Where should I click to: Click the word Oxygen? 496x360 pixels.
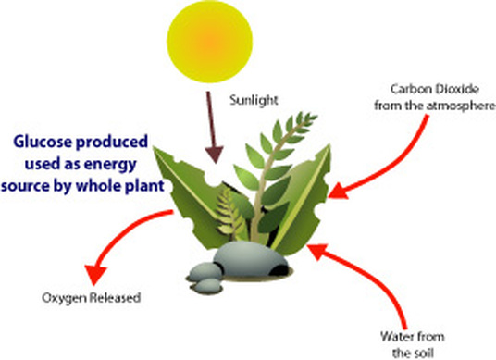pos(60,298)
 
